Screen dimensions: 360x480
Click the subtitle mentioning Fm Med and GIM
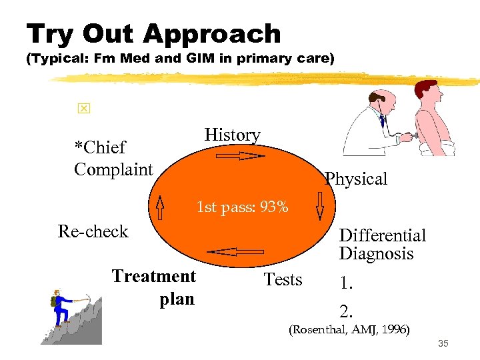(x=179, y=59)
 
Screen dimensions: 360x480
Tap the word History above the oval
(x=232, y=135)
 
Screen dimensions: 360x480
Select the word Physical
(x=355, y=179)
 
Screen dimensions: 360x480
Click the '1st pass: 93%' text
(x=242, y=207)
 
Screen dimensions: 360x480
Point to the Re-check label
(x=93, y=231)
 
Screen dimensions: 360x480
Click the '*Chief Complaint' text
(x=113, y=158)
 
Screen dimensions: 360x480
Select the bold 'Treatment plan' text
(x=155, y=287)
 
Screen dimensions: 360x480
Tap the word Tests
(x=283, y=279)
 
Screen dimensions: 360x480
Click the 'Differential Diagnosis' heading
(x=382, y=245)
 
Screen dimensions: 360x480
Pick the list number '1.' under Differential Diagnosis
(x=346, y=283)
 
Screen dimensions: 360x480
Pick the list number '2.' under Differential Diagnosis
(x=346, y=311)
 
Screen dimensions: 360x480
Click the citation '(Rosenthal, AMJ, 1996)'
(x=348, y=329)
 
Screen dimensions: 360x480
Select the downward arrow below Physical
(x=320, y=206)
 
